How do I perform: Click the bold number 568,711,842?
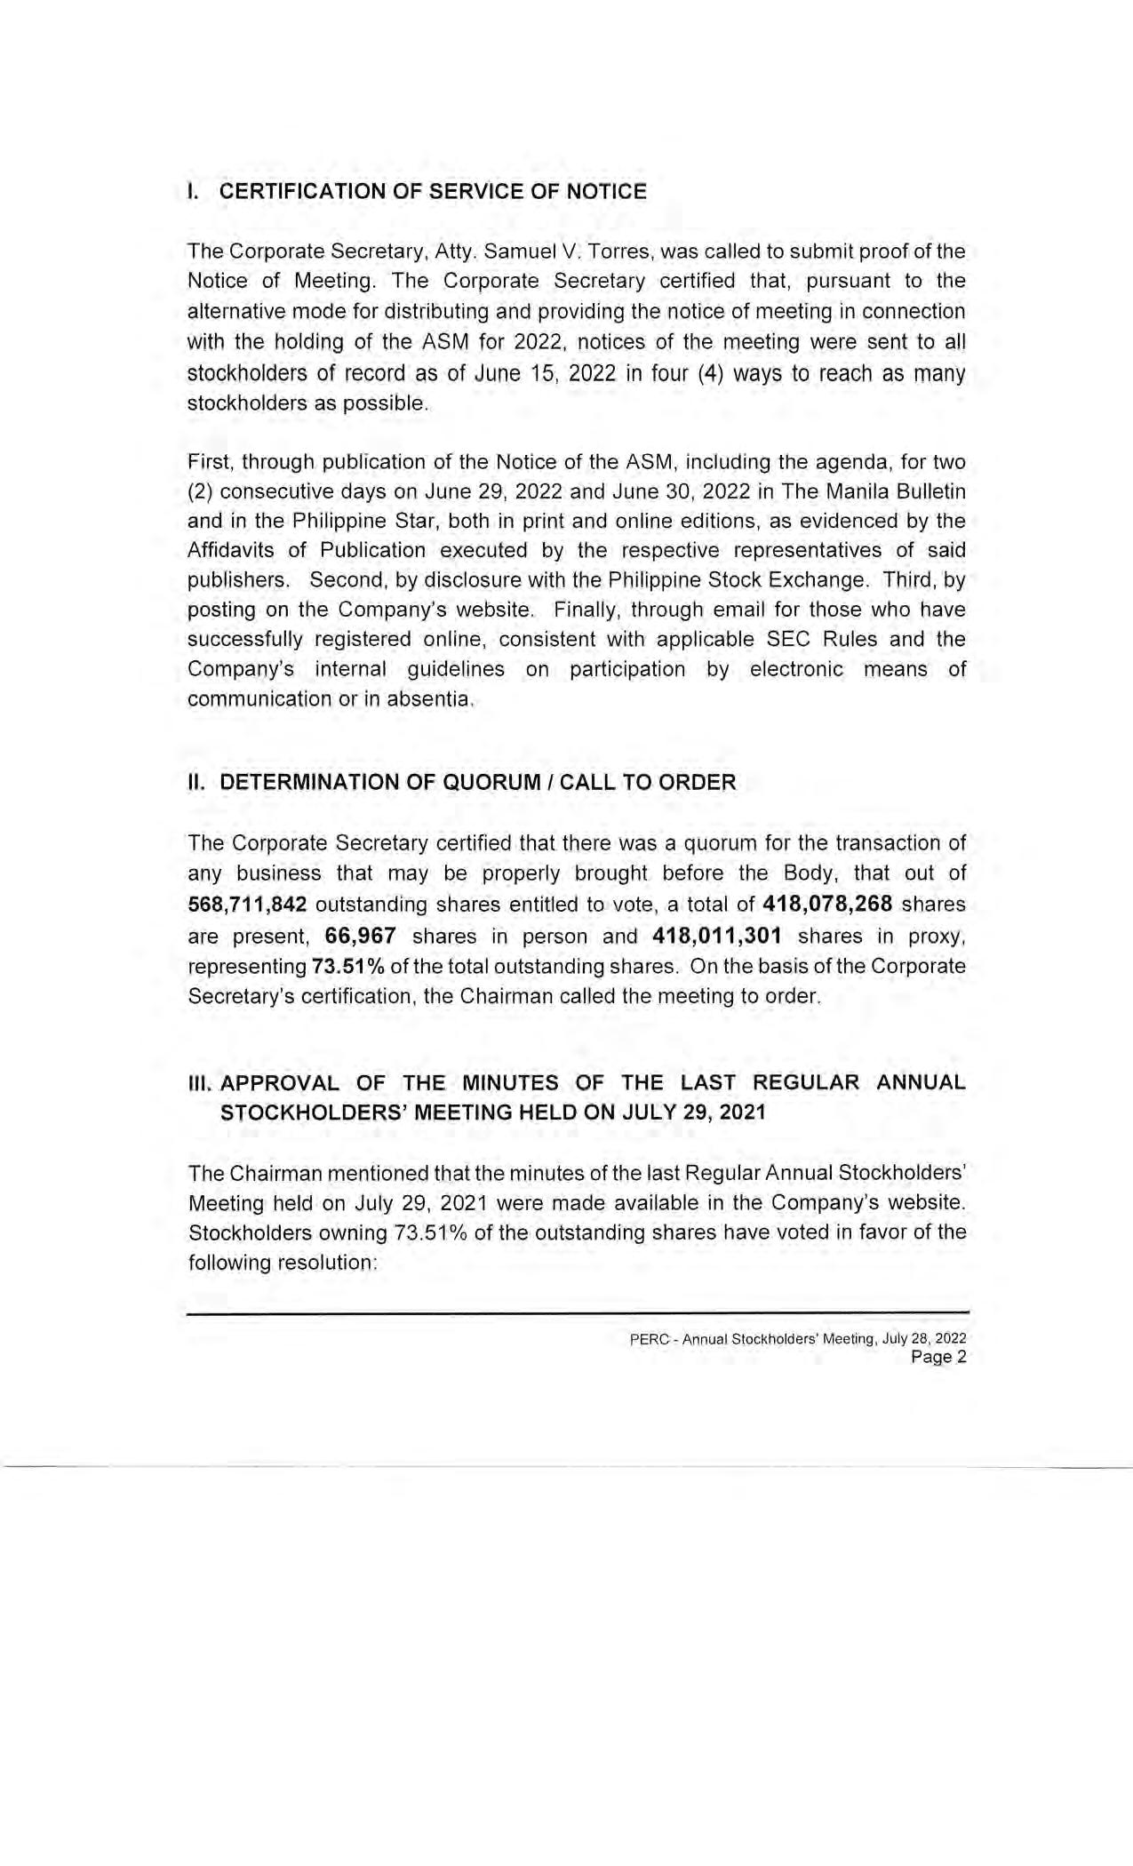(x=248, y=905)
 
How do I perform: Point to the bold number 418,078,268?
(x=827, y=905)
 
